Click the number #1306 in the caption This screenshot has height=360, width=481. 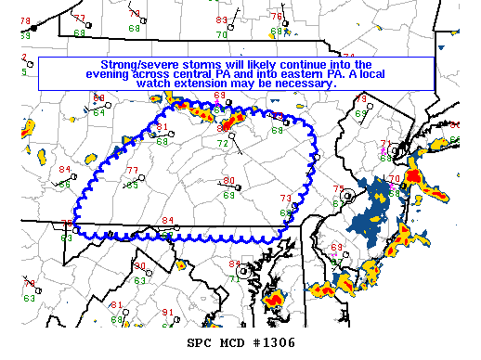point(274,342)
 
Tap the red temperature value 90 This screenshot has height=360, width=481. point(139,267)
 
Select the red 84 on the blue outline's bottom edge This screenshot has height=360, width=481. point(167,221)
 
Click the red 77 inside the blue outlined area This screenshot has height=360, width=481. point(132,171)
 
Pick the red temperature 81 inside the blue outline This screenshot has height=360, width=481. point(162,128)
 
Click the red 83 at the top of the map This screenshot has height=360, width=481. point(221,20)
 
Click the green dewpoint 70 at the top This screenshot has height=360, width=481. point(221,34)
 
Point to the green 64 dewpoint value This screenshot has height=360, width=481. point(98,111)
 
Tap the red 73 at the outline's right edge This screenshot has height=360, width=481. point(286,198)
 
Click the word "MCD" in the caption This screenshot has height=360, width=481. point(235,342)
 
